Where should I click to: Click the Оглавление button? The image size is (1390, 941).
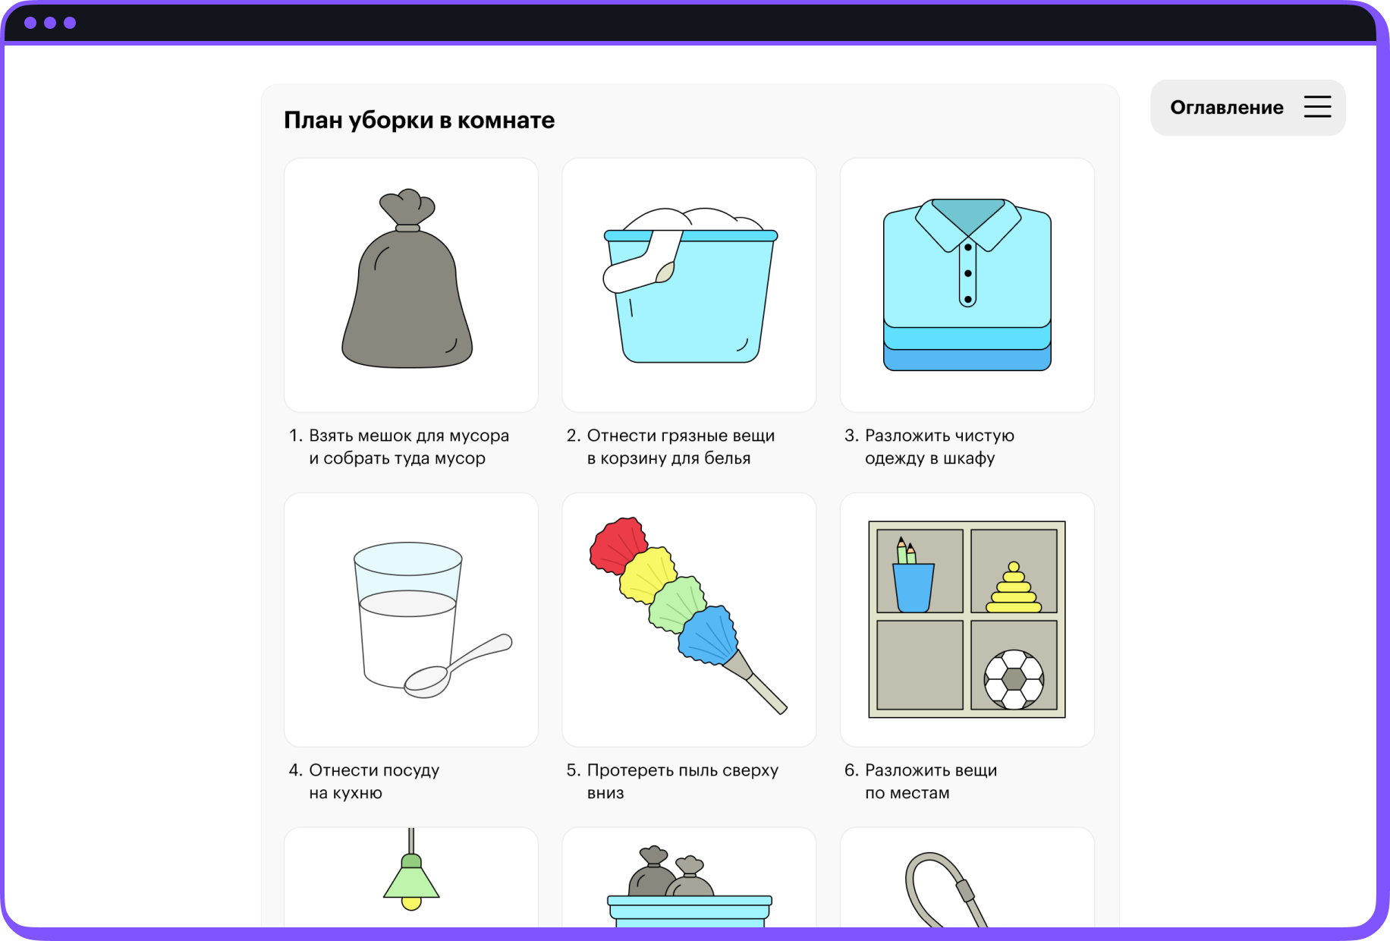[1247, 108]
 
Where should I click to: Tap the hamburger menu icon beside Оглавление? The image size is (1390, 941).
[1317, 107]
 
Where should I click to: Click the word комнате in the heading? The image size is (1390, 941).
[506, 120]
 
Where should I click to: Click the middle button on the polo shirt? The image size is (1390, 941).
[967, 273]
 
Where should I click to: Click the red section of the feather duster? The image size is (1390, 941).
[618, 545]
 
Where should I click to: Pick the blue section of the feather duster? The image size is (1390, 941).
[709, 634]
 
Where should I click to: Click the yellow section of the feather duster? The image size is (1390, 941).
[647, 574]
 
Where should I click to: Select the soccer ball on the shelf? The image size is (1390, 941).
[1014, 679]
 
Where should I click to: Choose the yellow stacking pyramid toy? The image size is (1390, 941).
[1014, 588]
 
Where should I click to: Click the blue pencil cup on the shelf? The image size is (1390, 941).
[914, 587]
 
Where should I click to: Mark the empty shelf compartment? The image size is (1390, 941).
[920, 665]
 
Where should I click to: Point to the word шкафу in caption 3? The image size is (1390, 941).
[969, 458]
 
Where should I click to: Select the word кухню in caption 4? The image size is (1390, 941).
[359, 793]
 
